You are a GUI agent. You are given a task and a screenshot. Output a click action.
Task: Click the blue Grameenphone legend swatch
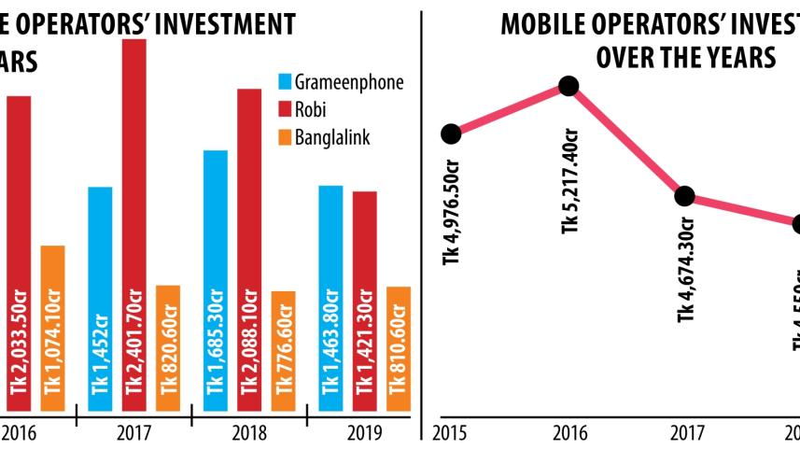(x=285, y=82)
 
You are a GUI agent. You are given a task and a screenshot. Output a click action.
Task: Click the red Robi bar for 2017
(x=134, y=224)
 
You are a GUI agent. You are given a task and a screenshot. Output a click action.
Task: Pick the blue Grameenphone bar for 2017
(x=100, y=299)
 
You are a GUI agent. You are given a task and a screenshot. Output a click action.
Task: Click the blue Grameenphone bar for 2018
(x=216, y=280)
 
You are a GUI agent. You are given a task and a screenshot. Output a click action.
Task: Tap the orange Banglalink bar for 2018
(x=283, y=350)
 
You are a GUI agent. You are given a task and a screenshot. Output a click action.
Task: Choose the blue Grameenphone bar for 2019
(x=330, y=298)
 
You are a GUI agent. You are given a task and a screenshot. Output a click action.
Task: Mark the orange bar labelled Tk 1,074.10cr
(x=53, y=328)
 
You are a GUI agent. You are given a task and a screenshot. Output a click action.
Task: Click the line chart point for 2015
(x=451, y=134)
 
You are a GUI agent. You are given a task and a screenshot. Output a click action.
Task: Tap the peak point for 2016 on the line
(x=568, y=86)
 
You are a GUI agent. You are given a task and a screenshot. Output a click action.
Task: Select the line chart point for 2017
(x=684, y=196)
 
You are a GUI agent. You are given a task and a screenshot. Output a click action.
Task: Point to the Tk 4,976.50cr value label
(x=454, y=216)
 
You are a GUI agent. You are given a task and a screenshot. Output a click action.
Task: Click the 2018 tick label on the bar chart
(x=250, y=433)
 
